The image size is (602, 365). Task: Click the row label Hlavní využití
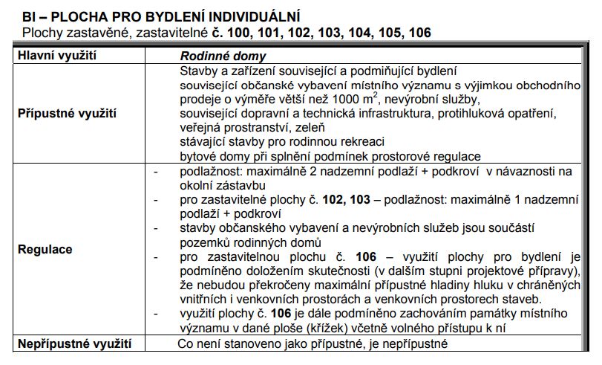(x=58, y=56)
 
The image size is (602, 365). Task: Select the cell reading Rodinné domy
(x=223, y=56)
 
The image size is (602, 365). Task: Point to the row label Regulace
(x=45, y=249)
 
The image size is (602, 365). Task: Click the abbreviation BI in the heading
(x=29, y=16)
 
